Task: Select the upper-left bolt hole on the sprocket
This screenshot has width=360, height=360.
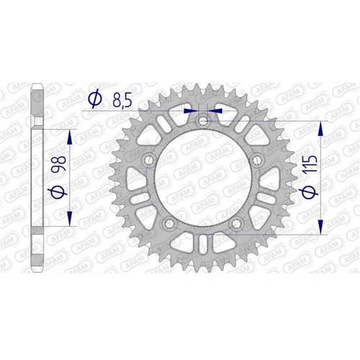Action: click(x=148, y=160)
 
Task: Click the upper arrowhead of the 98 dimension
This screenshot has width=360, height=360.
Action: click(x=69, y=135)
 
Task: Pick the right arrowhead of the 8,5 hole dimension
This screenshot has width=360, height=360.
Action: click(x=215, y=111)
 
